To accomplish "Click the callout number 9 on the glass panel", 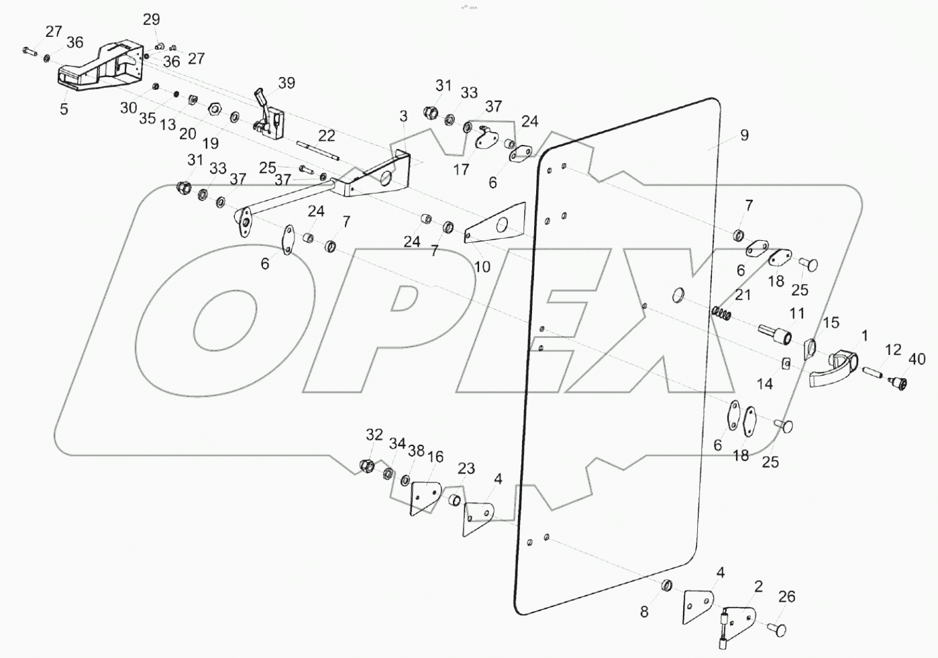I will click(744, 135).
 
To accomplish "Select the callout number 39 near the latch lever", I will click(286, 83).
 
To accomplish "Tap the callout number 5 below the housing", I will click(64, 109).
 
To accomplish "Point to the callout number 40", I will click(917, 359).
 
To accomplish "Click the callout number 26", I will click(786, 596).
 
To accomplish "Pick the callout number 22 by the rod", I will click(326, 136).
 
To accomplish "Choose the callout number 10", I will click(482, 267).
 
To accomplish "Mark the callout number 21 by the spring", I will click(742, 295).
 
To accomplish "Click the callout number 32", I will click(374, 435).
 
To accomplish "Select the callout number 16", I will click(435, 457).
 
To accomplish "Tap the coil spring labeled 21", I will click(722, 313).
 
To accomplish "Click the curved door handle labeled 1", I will click(834, 370).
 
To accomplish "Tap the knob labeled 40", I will click(897, 384).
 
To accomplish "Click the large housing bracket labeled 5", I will click(101, 67).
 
